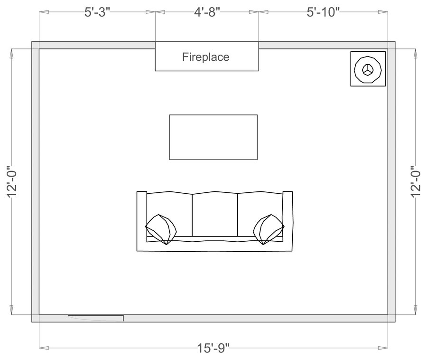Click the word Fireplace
tap(206, 57)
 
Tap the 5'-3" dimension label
tap(97, 12)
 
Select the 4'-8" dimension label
tap(207, 12)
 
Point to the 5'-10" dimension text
tap(323, 12)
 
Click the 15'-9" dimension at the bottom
tap(213, 348)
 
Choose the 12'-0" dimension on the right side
tap(416, 181)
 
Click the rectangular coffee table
tap(213, 137)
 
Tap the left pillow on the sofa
tap(161, 229)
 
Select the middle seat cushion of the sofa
tap(214, 214)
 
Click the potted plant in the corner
tap(368, 69)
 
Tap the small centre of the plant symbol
tap(367, 69)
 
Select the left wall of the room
tap(35, 181)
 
